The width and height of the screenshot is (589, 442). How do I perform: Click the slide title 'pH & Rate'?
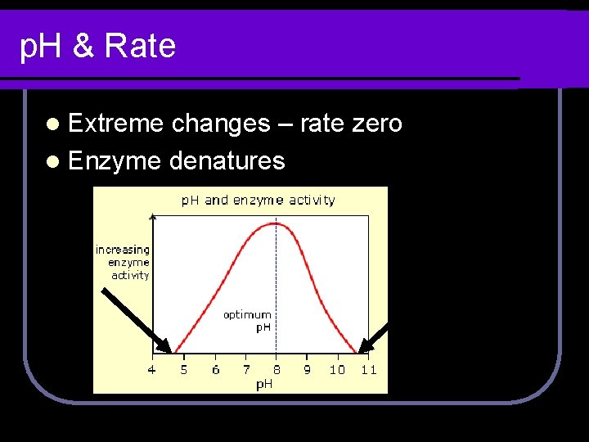pos(97,46)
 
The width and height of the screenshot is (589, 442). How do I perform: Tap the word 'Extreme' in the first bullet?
pos(116,124)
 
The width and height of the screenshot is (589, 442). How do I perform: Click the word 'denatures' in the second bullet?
pos(227,160)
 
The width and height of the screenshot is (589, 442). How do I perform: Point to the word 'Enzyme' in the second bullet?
pos(115,160)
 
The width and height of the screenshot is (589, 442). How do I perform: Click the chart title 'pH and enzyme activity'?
pos(258,200)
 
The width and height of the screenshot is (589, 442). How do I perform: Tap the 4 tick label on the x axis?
pos(151,370)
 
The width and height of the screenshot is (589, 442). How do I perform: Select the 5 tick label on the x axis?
pos(183,370)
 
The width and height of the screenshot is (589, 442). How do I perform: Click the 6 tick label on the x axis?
pos(215,370)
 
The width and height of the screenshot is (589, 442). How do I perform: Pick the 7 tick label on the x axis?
pos(246,370)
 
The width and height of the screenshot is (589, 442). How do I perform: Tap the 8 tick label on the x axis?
pos(277,370)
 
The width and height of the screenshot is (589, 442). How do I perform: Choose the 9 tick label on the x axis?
pos(307,370)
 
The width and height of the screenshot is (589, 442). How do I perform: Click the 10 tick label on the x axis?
pos(337,370)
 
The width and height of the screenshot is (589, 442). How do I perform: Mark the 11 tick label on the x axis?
pos(369,370)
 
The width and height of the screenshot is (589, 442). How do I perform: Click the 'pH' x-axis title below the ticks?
pos(264,384)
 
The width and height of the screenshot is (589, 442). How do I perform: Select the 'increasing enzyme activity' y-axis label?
pos(124,263)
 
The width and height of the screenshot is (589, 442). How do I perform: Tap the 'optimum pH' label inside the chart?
pos(248,320)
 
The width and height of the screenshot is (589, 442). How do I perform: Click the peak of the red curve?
pos(276,223)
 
